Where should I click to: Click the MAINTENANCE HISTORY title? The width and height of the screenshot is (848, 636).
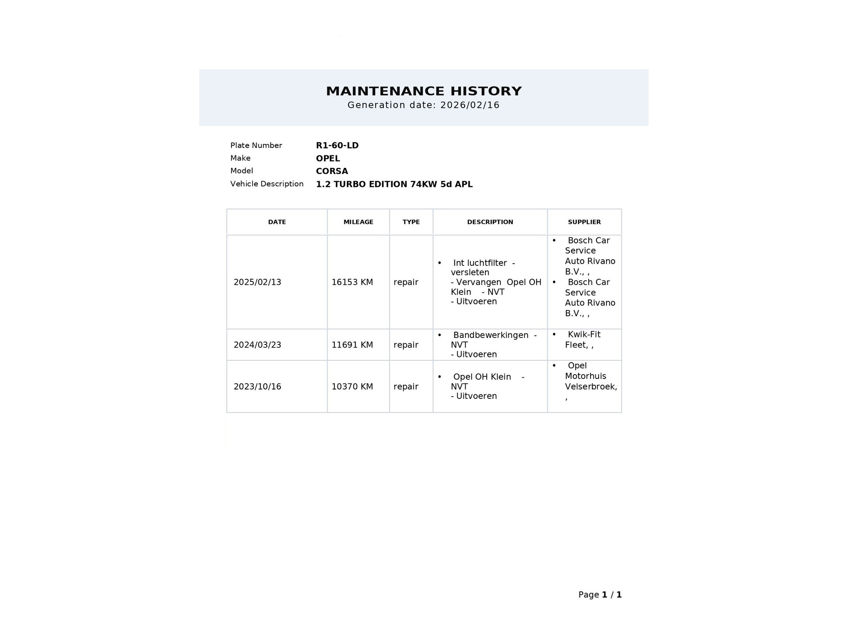point(424,91)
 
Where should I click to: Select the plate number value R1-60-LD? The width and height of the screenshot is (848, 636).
point(337,145)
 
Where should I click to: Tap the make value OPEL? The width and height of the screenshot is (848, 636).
point(328,159)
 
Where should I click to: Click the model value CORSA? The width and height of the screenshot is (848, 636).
point(332,171)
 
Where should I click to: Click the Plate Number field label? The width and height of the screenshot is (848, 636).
point(256,145)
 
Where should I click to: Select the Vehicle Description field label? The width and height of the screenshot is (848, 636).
point(267,184)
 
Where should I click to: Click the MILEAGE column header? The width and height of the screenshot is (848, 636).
point(358,222)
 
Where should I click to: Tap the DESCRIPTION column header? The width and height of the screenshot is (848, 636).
point(490,222)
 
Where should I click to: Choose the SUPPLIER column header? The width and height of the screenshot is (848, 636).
point(584,222)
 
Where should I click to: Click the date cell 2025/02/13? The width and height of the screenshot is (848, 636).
point(257,282)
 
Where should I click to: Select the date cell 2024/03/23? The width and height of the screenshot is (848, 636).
point(257,345)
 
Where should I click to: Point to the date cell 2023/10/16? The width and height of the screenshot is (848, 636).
point(257,386)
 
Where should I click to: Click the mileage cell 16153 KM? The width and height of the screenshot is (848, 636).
point(352,282)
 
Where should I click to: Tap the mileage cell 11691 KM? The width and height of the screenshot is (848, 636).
point(352,345)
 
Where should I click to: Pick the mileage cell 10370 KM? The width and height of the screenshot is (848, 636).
point(352,386)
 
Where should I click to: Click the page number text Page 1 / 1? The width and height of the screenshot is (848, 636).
point(600,595)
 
